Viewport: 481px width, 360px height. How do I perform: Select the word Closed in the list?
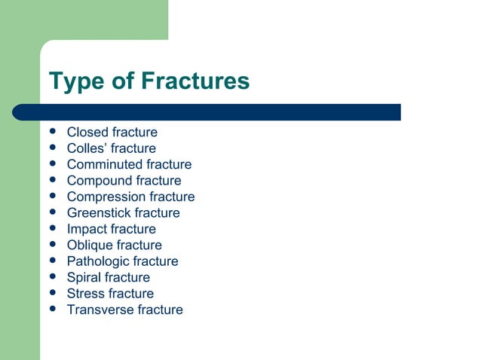(x=87, y=133)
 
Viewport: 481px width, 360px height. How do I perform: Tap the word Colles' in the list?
(x=86, y=148)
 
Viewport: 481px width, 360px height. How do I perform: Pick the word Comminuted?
(x=105, y=164)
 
